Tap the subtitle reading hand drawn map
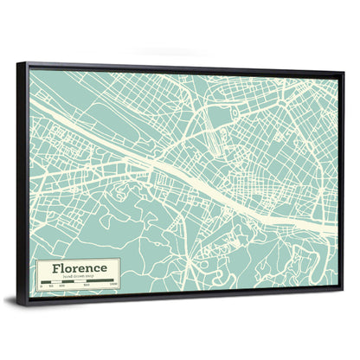78,276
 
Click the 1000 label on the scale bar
113,286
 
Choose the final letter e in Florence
103,268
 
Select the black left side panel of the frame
22,182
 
